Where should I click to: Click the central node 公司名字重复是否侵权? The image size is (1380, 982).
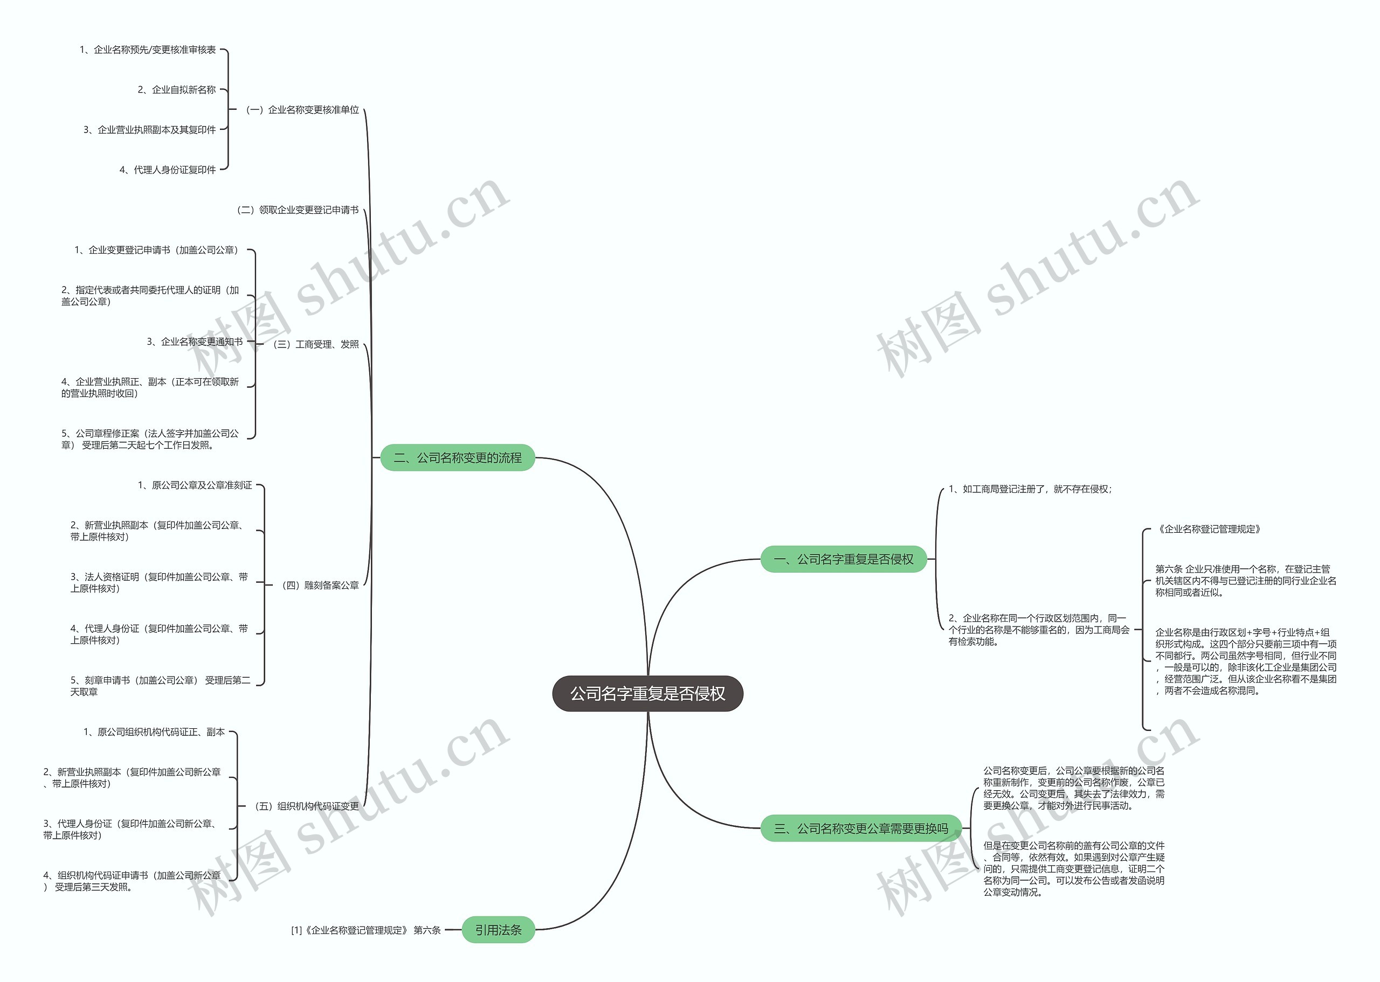click(647, 694)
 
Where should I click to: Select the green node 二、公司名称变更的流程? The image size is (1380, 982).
click(457, 458)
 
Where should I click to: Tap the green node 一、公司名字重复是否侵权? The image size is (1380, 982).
click(844, 559)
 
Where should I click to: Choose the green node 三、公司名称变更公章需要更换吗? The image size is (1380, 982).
click(861, 828)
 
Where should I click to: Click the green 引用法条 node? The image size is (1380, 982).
click(498, 930)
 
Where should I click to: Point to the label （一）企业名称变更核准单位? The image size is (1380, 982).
click(302, 110)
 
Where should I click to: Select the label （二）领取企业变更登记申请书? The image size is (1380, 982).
click(298, 210)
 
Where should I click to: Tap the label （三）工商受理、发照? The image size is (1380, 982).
click(316, 344)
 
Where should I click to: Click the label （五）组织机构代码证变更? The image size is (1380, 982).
click(307, 806)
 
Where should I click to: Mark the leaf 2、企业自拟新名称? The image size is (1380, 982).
click(177, 90)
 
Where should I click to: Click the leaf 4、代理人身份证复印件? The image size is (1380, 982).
click(168, 170)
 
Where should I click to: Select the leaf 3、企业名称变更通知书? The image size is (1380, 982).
click(195, 342)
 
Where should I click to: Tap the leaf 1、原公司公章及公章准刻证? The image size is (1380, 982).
click(195, 485)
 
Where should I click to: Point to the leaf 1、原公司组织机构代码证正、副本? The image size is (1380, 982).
click(154, 732)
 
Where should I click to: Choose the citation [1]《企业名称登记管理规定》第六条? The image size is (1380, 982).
click(366, 930)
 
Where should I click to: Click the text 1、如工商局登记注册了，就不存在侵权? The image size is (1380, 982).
click(1030, 489)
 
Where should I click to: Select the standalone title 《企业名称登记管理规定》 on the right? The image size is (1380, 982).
click(1209, 529)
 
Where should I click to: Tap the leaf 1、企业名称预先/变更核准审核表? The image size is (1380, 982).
click(148, 50)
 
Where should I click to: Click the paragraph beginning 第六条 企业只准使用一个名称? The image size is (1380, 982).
click(1245, 581)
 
